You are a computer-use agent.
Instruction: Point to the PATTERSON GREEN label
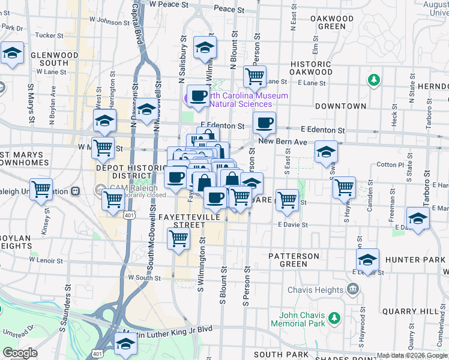click(294, 260)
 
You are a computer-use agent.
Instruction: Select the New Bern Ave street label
click(283, 142)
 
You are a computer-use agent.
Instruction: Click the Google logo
click(20, 353)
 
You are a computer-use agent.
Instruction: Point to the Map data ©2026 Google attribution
click(412, 355)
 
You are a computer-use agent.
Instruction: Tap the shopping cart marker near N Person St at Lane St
click(255, 76)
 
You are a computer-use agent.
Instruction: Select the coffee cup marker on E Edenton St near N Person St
click(264, 122)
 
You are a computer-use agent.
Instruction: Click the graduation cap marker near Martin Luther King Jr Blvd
click(125, 344)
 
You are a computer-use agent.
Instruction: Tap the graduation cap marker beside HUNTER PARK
click(367, 259)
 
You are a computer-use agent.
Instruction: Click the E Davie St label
click(293, 225)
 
